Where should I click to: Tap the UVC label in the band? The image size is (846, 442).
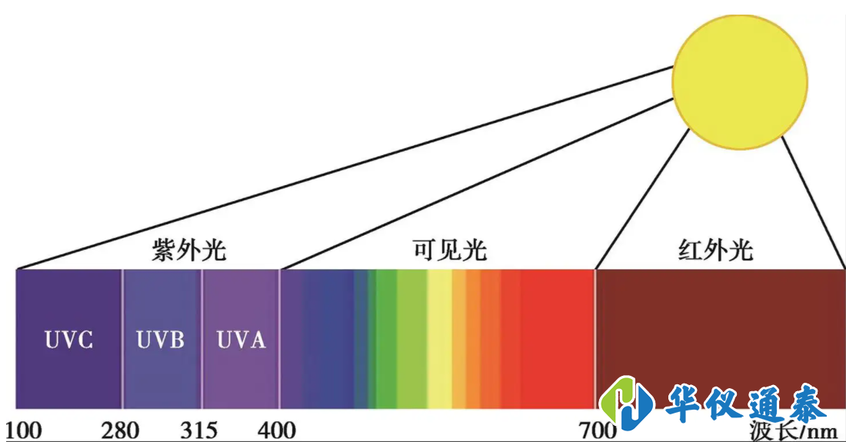pyautogui.click(x=68, y=340)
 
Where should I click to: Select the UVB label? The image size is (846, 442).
pyautogui.click(x=160, y=340)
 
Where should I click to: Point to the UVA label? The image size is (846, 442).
pyautogui.click(x=241, y=340)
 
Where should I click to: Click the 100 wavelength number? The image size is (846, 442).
pyautogui.click(x=24, y=430)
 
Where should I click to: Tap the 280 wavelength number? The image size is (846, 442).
pyautogui.click(x=120, y=430)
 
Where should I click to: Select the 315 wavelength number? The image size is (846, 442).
pyautogui.click(x=199, y=430)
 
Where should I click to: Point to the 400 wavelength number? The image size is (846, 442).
pyautogui.click(x=277, y=430)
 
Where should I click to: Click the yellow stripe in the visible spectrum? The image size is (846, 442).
pyautogui.click(x=439, y=338)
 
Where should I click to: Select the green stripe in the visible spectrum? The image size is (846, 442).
pyautogui.click(x=387, y=338)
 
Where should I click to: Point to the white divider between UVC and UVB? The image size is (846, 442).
pyautogui.click(x=122, y=338)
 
